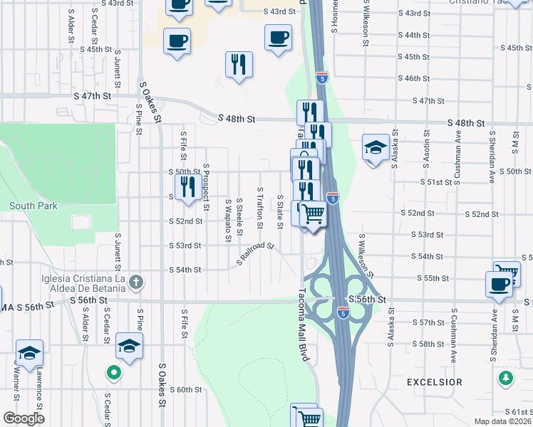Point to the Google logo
pos(23,418)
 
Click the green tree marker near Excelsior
pos(507,378)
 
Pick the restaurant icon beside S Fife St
pos(188,188)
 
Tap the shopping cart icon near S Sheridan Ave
pos(507,273)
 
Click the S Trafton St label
pos(260,212)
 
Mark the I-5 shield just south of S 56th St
pos(343,312)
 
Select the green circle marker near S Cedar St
pos(113,372)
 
